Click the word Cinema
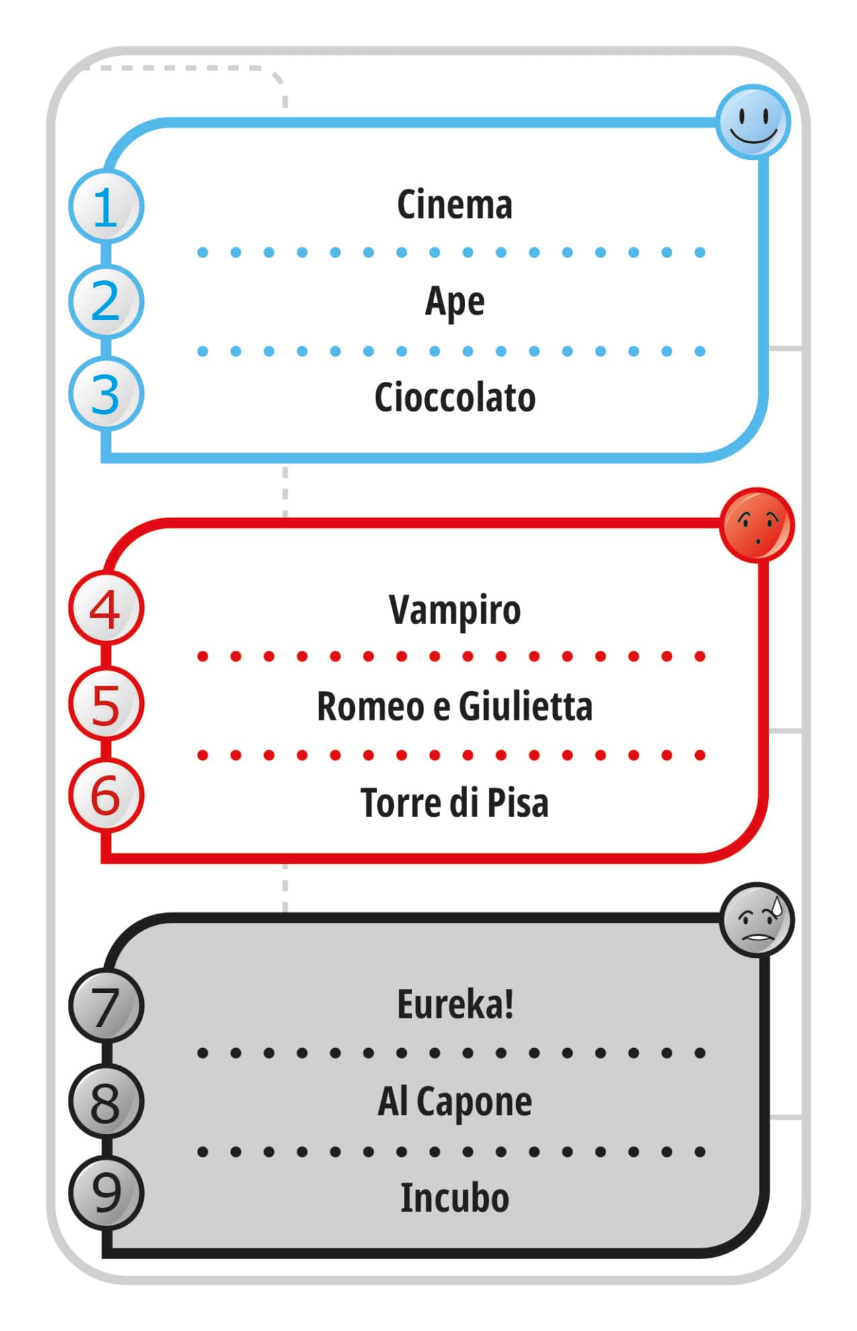pos(454,204)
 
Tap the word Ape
pos(454,302)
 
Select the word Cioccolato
pos(454,397)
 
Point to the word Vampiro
pos(454,610)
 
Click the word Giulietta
pos(525,707)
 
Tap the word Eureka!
pos(455,1004)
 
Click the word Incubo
pos(454,1198)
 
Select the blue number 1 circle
pos(106,206)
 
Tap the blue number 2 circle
pos(106,302)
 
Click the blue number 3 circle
pos(106,394)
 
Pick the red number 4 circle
pos(106,609)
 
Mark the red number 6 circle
pos(106,796)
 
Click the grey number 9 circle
pos(106,1193)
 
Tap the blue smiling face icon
pos(753,122)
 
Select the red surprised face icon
pos(757,525)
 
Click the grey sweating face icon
pos(757,920)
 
